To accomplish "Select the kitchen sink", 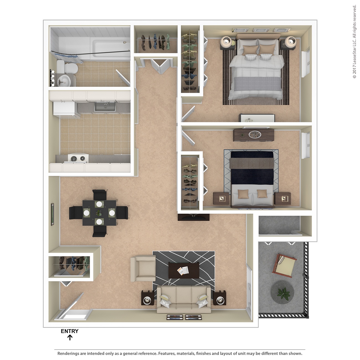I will coord(105,106).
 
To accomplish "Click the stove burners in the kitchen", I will coord(77,159).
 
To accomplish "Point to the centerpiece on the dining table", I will coord(99,213).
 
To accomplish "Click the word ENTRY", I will coord(70,331).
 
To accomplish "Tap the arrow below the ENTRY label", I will coord(70,337).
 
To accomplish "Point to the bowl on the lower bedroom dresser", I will coord(255,135).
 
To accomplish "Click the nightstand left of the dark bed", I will coord(222,199).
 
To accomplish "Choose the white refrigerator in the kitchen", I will coord(64,109).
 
